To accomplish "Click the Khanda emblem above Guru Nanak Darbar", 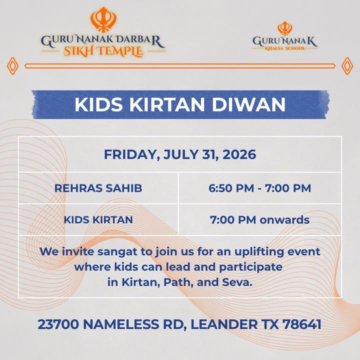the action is [x=103, y=19].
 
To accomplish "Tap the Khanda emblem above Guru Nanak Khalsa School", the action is [x=285, y=28].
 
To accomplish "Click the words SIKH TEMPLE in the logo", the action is [x=103, y=51].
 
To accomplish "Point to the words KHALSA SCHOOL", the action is [x=285, y=48].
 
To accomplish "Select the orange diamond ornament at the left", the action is [x=12, y=66].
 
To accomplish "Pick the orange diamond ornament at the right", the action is [x=347, y=66].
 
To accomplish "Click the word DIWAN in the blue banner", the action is [x=248, y=104].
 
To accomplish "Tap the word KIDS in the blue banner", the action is [x=99, y=104].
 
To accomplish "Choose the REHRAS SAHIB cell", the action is [x=98, y=188].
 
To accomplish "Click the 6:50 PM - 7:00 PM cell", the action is [x=259, y=188].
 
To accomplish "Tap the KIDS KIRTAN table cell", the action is [x=98, y=219].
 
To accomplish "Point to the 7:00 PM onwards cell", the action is [x=259, y=219].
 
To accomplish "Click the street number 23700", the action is [x=58, y=324].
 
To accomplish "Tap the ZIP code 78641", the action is [x=301, y=324].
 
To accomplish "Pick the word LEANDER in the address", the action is [x=224, y=324].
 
